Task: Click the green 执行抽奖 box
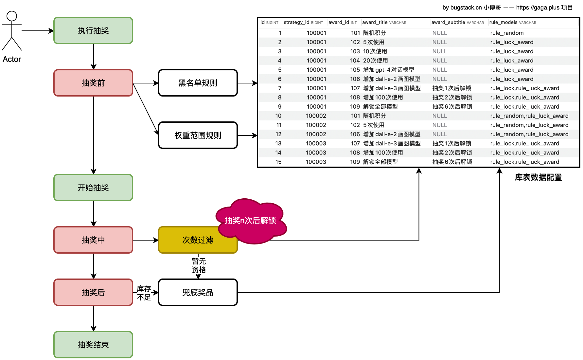tap(93, 30)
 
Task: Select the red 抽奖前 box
tap(93, 83)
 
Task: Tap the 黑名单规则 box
tap(198, 83)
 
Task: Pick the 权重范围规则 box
tap(198, 135)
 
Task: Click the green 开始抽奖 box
tap(93, 188)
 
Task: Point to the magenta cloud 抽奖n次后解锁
tap(251, 221)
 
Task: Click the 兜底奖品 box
tap(198, 292)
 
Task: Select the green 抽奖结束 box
tap(93, 345)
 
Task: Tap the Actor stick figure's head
tap(12, 16)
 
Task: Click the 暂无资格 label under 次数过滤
tap(199, 265)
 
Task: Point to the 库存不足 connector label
tap(144, 293)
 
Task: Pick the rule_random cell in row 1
tap(507, 33)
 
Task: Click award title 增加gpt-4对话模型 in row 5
tap(388, 70)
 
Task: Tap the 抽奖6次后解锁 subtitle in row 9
tap(452, 106)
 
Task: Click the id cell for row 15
tap(278, 162)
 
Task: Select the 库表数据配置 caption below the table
tap(538, 177)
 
